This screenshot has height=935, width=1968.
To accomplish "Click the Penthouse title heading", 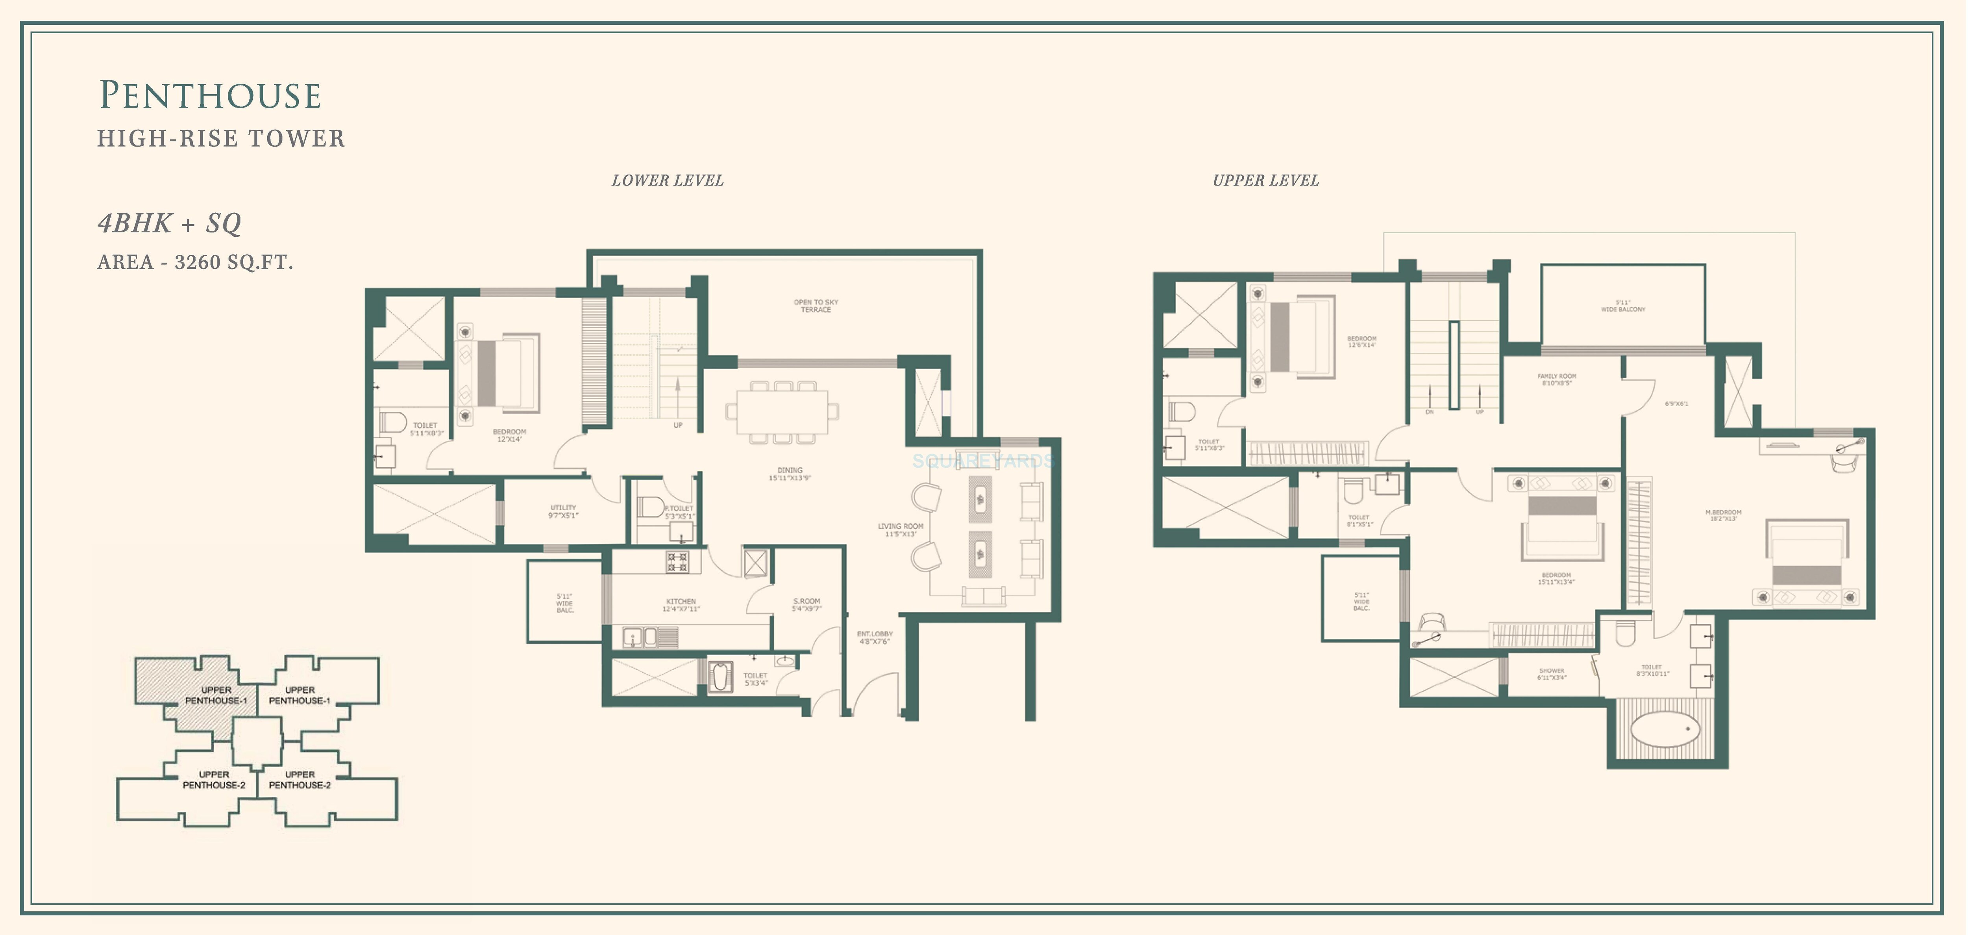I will [210, 96].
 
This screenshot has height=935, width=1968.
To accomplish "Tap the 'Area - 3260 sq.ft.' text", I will [195, 262].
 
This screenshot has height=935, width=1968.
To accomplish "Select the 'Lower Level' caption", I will [667, 180].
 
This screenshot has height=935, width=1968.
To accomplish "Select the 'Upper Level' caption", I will [1265, 180].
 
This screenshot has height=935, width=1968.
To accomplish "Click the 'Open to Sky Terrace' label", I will [815, 306].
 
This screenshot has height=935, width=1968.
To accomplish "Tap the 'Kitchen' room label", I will [681, 605].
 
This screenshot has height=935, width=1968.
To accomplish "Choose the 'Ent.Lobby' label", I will [874, 637].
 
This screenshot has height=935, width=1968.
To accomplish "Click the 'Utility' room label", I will [563, 511].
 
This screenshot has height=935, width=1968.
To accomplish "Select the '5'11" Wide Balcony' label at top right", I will [1623, 306].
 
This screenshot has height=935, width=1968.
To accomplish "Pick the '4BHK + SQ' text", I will [170, 223].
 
